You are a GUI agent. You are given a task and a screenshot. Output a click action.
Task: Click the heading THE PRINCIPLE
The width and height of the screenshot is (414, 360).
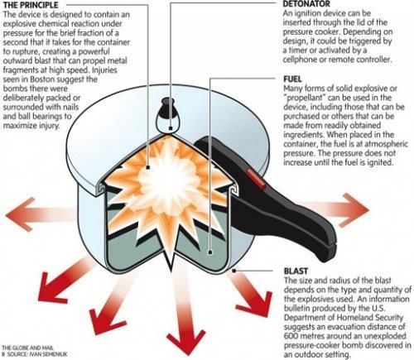point(31,5)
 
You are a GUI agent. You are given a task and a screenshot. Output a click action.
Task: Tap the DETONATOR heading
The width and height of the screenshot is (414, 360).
point(306,4)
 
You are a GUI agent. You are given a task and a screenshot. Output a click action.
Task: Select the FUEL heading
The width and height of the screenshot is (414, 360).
point(292,79)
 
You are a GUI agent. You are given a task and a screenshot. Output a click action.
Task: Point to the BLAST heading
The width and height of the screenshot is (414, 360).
point(296,271)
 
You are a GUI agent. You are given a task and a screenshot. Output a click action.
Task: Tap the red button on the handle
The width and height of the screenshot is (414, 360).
point(256,180)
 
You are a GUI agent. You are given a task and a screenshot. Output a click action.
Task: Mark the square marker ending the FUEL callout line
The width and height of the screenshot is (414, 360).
point(210,252)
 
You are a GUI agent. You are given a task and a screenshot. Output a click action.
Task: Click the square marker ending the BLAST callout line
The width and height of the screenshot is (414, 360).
point(233,271)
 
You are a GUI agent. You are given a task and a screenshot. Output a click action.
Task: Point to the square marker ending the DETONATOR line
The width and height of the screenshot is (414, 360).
point(171,128)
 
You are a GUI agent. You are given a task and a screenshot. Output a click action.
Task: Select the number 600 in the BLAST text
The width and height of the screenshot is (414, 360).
point(291,336)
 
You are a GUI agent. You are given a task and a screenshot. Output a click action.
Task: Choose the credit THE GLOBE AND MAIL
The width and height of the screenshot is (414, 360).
point(27,348)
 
